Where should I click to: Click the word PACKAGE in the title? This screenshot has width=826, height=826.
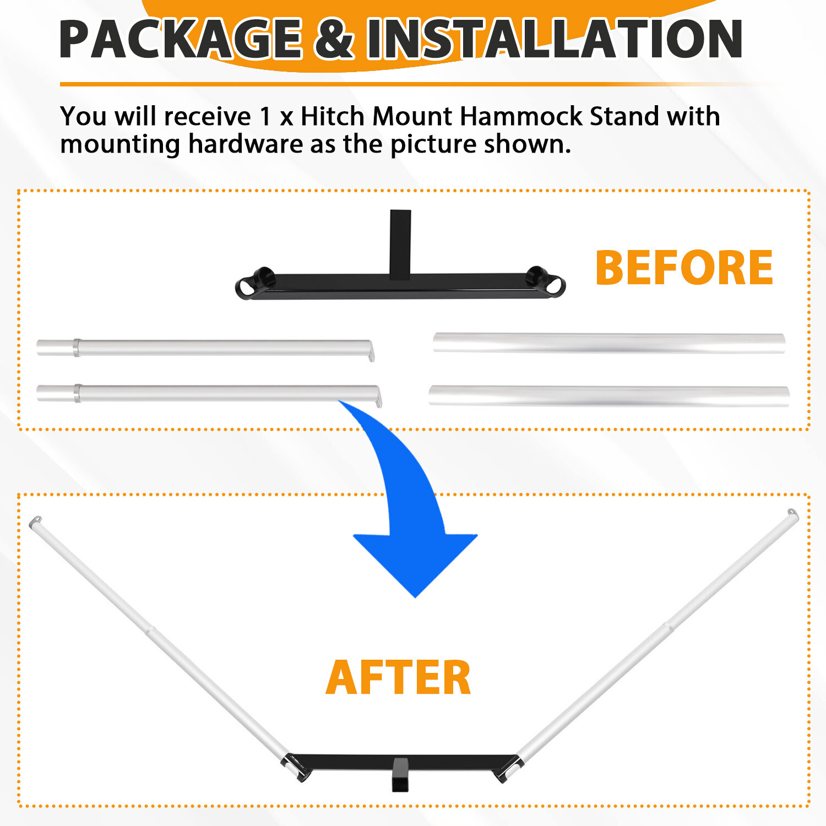181,39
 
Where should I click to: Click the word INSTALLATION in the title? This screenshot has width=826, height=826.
555,39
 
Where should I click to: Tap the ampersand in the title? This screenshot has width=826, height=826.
334,39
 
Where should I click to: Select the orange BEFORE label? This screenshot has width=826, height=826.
684,268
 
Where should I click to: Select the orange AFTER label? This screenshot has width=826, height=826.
398,677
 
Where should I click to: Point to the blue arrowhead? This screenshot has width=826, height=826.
415,564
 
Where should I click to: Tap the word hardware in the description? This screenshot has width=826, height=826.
246,144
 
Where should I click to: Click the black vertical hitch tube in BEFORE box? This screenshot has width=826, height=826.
400,242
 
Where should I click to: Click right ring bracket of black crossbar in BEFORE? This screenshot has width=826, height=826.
546,281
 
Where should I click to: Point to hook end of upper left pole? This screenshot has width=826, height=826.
371,351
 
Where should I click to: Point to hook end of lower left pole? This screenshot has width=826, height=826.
378,396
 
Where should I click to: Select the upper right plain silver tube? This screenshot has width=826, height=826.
609,343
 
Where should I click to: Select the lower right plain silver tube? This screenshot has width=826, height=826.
609,396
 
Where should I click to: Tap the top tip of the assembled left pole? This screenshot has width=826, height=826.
35,521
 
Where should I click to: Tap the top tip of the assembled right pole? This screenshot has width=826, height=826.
792,514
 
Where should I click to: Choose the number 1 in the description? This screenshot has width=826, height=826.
265,117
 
